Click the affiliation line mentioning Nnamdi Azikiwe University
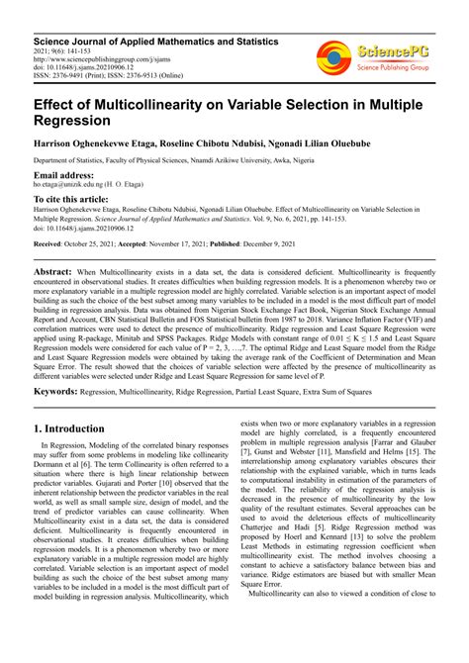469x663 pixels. tap(168, 159)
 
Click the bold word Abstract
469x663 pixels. tap(57, 271)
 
